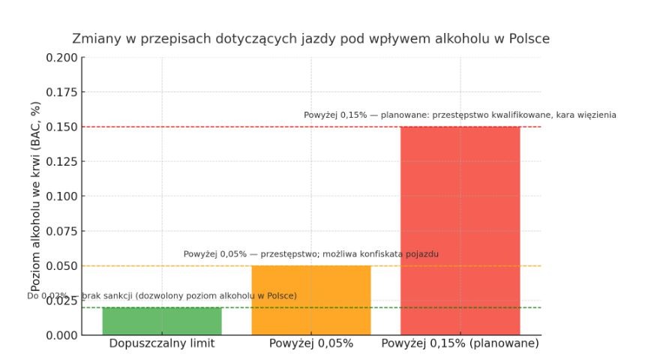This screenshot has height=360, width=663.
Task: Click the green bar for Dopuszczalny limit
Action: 162,321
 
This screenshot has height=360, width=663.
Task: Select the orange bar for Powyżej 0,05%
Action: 311,300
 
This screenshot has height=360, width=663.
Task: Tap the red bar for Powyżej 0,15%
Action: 460,230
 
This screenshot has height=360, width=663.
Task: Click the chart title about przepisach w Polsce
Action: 310,38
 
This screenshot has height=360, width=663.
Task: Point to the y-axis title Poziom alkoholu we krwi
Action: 35,196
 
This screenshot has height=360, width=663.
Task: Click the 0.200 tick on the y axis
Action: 61,58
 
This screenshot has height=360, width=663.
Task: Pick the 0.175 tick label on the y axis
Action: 61,92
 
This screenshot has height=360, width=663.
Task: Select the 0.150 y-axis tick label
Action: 61,127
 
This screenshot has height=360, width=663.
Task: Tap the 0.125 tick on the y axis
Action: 61,161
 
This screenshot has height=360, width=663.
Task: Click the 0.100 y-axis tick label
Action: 61,196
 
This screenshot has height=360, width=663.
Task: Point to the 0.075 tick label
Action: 61,231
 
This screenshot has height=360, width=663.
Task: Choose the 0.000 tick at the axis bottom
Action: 61,335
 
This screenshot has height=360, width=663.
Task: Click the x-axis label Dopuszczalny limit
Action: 162,343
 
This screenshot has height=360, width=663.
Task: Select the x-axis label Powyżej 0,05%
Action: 311,343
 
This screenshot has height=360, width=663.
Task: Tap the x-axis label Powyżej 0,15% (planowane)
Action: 460,343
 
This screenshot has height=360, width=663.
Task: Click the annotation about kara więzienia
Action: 460,115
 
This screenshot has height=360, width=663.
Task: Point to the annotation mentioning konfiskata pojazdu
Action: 311,254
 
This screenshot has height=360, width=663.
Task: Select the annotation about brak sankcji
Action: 162,295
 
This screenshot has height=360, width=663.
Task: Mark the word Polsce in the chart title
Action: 529,38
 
